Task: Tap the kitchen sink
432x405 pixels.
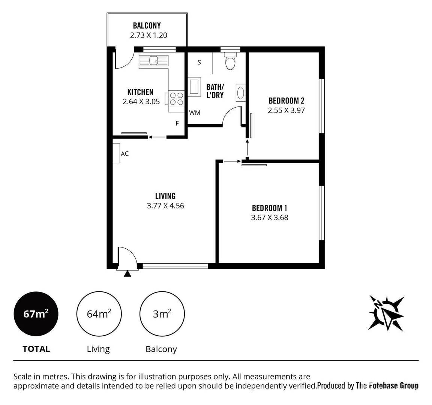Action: pos(153,60)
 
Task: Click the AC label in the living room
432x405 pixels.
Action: pos(124,154)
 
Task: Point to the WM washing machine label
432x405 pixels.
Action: pos(195,112)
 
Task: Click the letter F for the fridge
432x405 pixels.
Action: pos(177,123)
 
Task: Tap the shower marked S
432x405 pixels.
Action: pos(199,63)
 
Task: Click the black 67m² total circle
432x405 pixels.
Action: pos(36,313)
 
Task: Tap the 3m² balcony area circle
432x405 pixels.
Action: pos(162,313)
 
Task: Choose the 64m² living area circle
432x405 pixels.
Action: pos(99,313)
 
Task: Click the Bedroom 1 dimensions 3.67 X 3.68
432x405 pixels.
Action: pos(269,217)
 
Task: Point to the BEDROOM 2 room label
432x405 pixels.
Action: pos(286,100)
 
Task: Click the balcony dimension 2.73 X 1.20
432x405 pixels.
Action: pos(148,36)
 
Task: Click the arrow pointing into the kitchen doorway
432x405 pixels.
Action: pos(157,137)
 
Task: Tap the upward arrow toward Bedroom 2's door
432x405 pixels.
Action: pos(247,148)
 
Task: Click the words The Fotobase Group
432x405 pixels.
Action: pos(387,385)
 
